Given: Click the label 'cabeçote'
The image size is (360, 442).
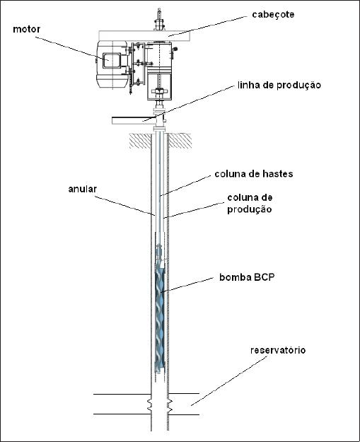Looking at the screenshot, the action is point(273,15).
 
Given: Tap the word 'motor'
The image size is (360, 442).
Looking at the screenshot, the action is point(26,29).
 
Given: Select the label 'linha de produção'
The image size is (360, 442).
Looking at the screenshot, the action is point(279,85).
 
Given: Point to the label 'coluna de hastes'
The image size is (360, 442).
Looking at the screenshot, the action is point(254,174).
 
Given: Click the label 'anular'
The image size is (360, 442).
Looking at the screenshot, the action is point(82,189).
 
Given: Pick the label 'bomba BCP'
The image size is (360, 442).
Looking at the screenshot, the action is point(247,277).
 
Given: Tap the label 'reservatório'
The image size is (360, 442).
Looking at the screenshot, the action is point(278,350).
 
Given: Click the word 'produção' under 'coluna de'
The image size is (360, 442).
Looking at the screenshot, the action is point(250,209).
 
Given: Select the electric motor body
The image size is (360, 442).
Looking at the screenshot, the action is point(112,65).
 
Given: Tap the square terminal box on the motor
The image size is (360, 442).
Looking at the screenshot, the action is point(112,61).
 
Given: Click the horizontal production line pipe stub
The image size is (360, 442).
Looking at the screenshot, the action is point(134,121).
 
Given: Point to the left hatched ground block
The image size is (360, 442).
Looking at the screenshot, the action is point(140,141).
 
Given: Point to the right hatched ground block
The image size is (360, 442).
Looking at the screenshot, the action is point(180,141).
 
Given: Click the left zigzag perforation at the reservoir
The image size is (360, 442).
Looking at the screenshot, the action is point(149,405).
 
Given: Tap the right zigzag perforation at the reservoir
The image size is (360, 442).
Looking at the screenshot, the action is point(170,405).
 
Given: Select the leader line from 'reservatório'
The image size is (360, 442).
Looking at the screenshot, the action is point(229,381).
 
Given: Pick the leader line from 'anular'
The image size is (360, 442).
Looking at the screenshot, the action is point(124,206).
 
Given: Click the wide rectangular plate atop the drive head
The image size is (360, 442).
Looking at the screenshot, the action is point(145,36).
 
